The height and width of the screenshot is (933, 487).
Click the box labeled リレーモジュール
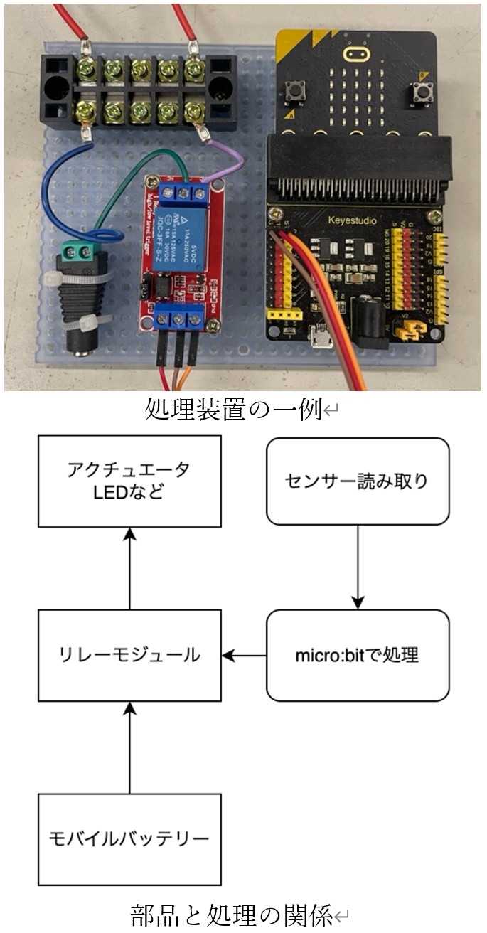point(129,655)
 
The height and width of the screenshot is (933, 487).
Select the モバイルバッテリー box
point(129,839)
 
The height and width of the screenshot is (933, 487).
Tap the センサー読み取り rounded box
point(357,481)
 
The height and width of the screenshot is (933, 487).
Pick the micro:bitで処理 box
point(357,655)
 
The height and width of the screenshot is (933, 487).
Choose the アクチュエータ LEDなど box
point(129,481)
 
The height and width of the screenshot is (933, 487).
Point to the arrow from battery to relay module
point(129,747)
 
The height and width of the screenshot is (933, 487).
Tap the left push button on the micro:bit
point(292,92)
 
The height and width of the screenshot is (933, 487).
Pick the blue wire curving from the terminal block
point(57,192)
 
